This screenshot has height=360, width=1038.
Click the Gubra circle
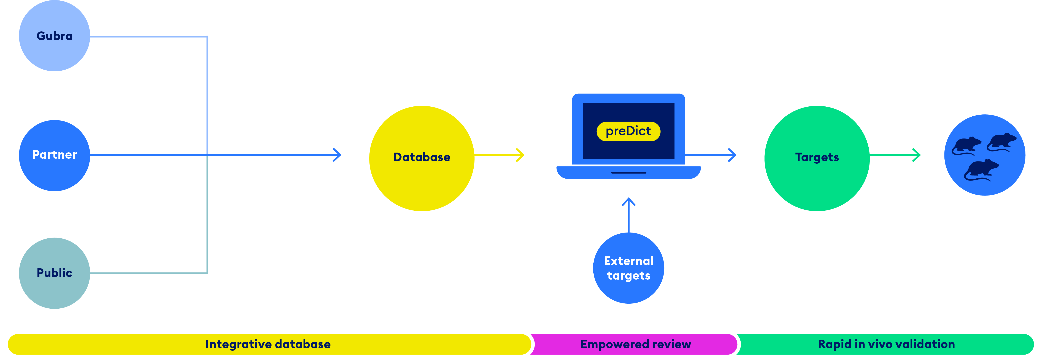54,36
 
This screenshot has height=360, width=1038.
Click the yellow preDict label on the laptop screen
628,131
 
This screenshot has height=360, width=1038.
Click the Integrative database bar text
268,344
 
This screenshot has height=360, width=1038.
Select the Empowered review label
635,344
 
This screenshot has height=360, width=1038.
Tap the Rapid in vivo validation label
886,344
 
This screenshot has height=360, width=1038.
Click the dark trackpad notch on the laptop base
629,173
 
